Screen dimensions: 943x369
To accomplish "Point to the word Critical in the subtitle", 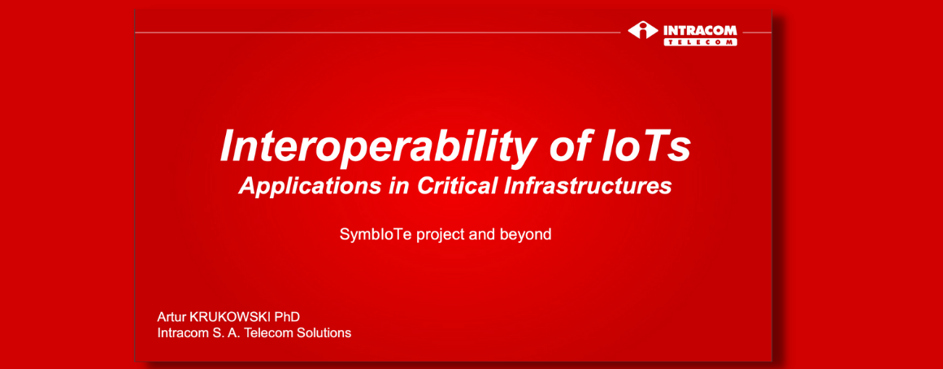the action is [x=442, y=185].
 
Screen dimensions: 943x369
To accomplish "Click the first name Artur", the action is [x=171, y=317].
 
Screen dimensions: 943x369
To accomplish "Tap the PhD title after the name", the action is [x=288, y=317].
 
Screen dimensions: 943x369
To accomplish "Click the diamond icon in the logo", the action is [x=643, y=31].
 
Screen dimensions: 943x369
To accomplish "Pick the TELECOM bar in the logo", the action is [x=700, y=42].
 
